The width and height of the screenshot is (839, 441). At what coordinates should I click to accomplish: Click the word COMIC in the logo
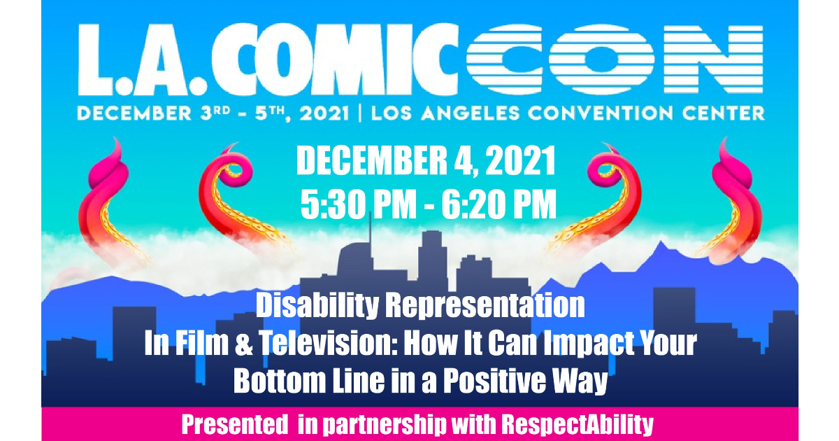pyautogui.click(x=334, y=59)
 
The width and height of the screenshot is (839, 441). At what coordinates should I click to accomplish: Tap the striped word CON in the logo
pyautogui.click(x=615, y=59)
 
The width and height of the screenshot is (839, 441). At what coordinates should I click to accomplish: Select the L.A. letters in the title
pyautogui.click(x=142, y=60)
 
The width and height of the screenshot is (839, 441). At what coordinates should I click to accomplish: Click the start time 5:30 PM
pyautogui.click(x=359, y=204)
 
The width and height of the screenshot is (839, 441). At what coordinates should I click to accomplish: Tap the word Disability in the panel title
pyautogui.click(x=317, y=306)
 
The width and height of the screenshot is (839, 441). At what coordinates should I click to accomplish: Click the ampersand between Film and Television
pyautogui.click(x=244, y=344)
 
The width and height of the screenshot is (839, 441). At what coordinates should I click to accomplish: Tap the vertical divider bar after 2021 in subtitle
pyautogui.click(x=360, y=113)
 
